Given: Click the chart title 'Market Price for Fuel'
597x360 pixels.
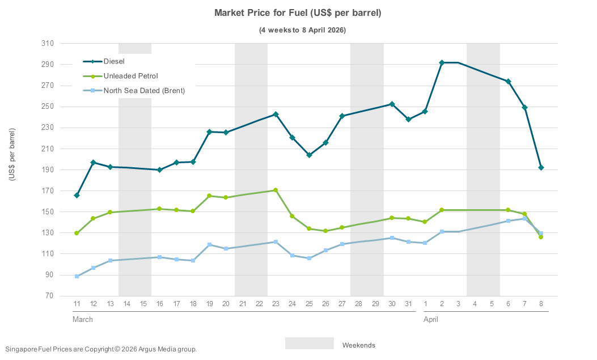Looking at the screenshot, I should coord(298,12).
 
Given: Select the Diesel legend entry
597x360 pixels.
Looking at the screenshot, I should coord(113,61).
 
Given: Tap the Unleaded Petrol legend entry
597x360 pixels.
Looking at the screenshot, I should coord(130,76).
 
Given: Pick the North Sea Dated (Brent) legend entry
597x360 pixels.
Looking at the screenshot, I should coord(144,90).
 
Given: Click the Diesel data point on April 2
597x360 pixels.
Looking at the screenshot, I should coord(442,63).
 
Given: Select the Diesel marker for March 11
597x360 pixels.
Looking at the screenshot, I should coord(77,195).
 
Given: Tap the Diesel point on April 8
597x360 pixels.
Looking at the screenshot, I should coord(541,167).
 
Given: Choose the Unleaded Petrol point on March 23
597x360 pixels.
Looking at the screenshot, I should coord(276,190).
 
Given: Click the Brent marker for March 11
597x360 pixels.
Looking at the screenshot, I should coord(77,276).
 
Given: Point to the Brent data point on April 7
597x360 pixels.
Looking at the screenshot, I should coord(524,218).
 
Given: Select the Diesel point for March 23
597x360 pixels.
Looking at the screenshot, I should coord(276,115).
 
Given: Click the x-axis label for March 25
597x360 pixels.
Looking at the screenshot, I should coord(309,304).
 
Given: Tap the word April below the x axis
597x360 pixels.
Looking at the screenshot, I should coord(430,320).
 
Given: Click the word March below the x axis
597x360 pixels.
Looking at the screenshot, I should coord(83,320).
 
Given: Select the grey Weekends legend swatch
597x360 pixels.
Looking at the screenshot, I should coord(309,344).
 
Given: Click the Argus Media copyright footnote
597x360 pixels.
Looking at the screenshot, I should coord(100,349).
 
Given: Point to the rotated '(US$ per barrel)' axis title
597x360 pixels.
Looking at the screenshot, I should coord(12,155).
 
